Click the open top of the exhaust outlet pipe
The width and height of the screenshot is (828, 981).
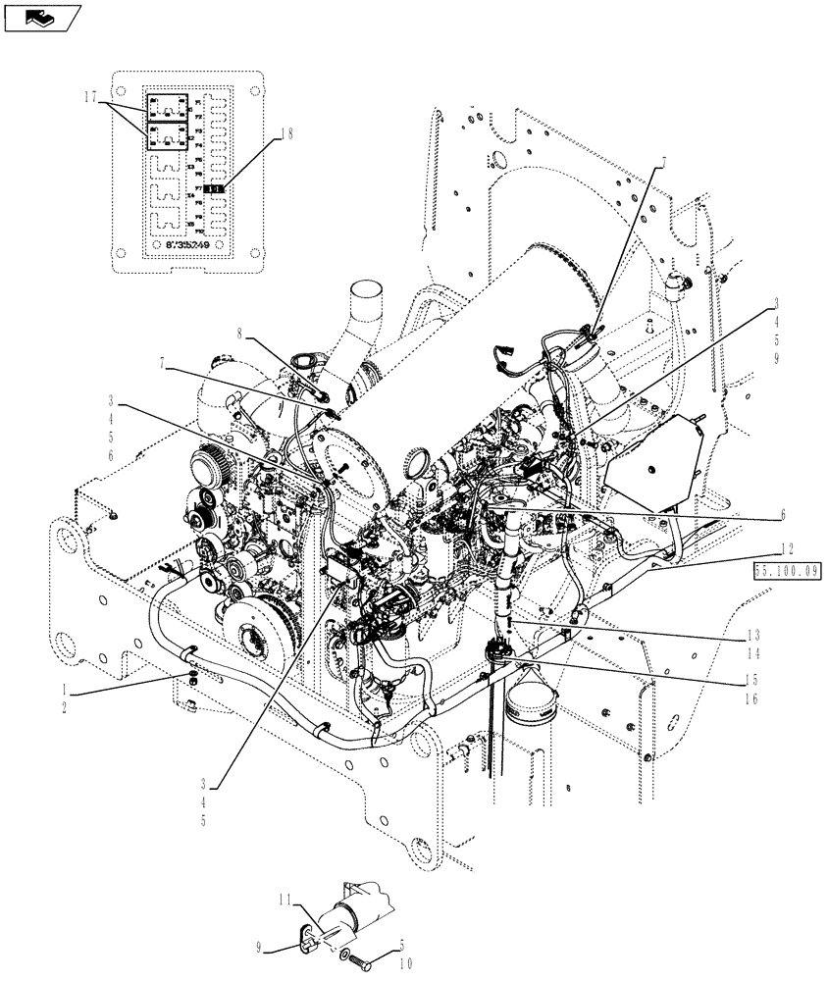365,291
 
